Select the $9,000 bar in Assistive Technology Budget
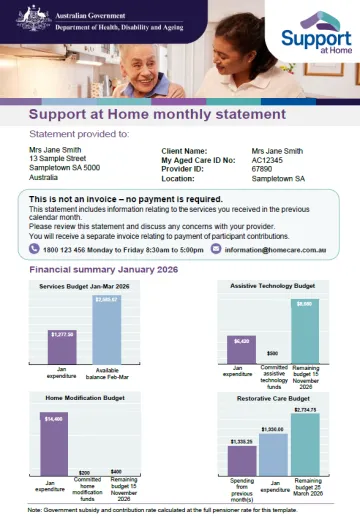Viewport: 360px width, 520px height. (305, 334)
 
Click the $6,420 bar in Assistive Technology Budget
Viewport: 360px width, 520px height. (241, 353)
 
